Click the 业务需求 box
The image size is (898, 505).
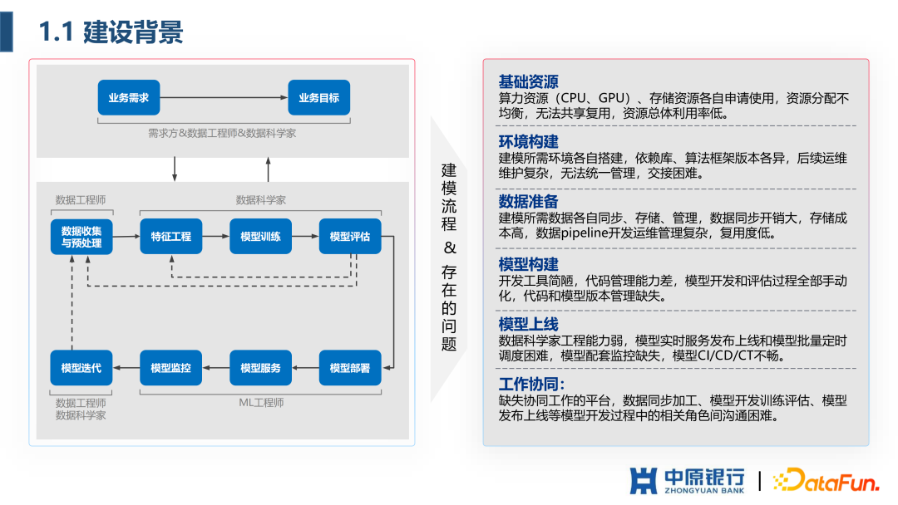[x=128, y=98]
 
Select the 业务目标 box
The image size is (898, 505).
[x=318, y=98]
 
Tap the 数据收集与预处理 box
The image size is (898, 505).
[x=81, y=237]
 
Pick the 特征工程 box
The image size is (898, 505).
[x=170, y=237]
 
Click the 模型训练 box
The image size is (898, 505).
[x=260, y=237]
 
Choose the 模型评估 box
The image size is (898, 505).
[x=349, y=237]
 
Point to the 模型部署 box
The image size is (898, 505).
[x=349, y=368]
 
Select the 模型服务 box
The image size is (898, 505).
[x=260, y=368]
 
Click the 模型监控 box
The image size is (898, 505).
[x=170, y=368]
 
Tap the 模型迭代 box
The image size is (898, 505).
[x=81, y=368]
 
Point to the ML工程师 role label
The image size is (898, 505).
[x=260, y=403]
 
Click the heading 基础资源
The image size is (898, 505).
[x=528, y=82]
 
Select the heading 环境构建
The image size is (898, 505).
[x=528, y=141]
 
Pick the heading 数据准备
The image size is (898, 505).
[x=528, y=202]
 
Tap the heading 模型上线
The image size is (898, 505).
[x=528, y=324]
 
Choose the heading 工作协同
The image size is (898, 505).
[x=531, y=385]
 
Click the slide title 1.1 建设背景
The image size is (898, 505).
[x=111, y=32]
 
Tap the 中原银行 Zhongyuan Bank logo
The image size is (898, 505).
[x=686, y=480]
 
